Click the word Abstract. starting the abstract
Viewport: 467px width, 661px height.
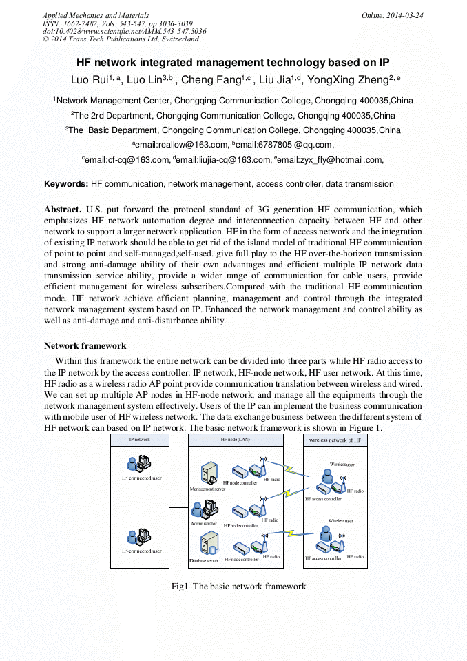[x=63, y=209]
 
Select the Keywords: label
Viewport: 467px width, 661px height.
[x=66, y=184]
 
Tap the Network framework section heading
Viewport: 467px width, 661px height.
[x=85, y=345]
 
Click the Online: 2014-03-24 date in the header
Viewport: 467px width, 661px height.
[x=392, y=15]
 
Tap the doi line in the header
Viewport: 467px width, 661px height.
[x=124, y=32]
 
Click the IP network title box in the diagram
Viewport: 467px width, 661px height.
[x=139, y=439]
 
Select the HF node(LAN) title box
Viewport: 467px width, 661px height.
[x=236, y=439]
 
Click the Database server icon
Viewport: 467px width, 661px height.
[x=207, y=545]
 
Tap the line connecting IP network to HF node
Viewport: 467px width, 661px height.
[x=179, y=509]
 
